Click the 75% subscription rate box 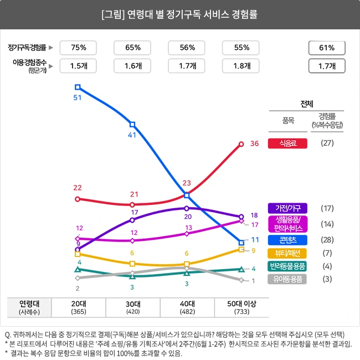click(x=78, y=48)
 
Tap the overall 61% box click(x=327, y=48)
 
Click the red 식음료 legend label click(x=287, y=143)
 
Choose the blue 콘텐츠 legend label click(x=287, y=240)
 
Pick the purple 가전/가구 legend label click(x=287, y=208)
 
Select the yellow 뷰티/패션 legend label click(x=287, y=253)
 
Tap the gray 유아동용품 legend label click(x=287, y=279)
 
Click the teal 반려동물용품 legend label click(x=287, y=266)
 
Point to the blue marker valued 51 click(x=78, y=87)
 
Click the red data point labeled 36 click(x=241, y=144)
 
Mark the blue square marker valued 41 click(x=132, y=125)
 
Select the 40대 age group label click(x=187, y=304)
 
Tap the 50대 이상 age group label click(x=241, y=304)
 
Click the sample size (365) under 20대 click(x=78, y=312)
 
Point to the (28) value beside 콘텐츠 click(x=327, y=240)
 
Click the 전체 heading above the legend click(x=307, y=104)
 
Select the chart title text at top click(x=180, y=13)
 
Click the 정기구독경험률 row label click(x=28, y=48)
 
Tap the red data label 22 click(x=78, y=188)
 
